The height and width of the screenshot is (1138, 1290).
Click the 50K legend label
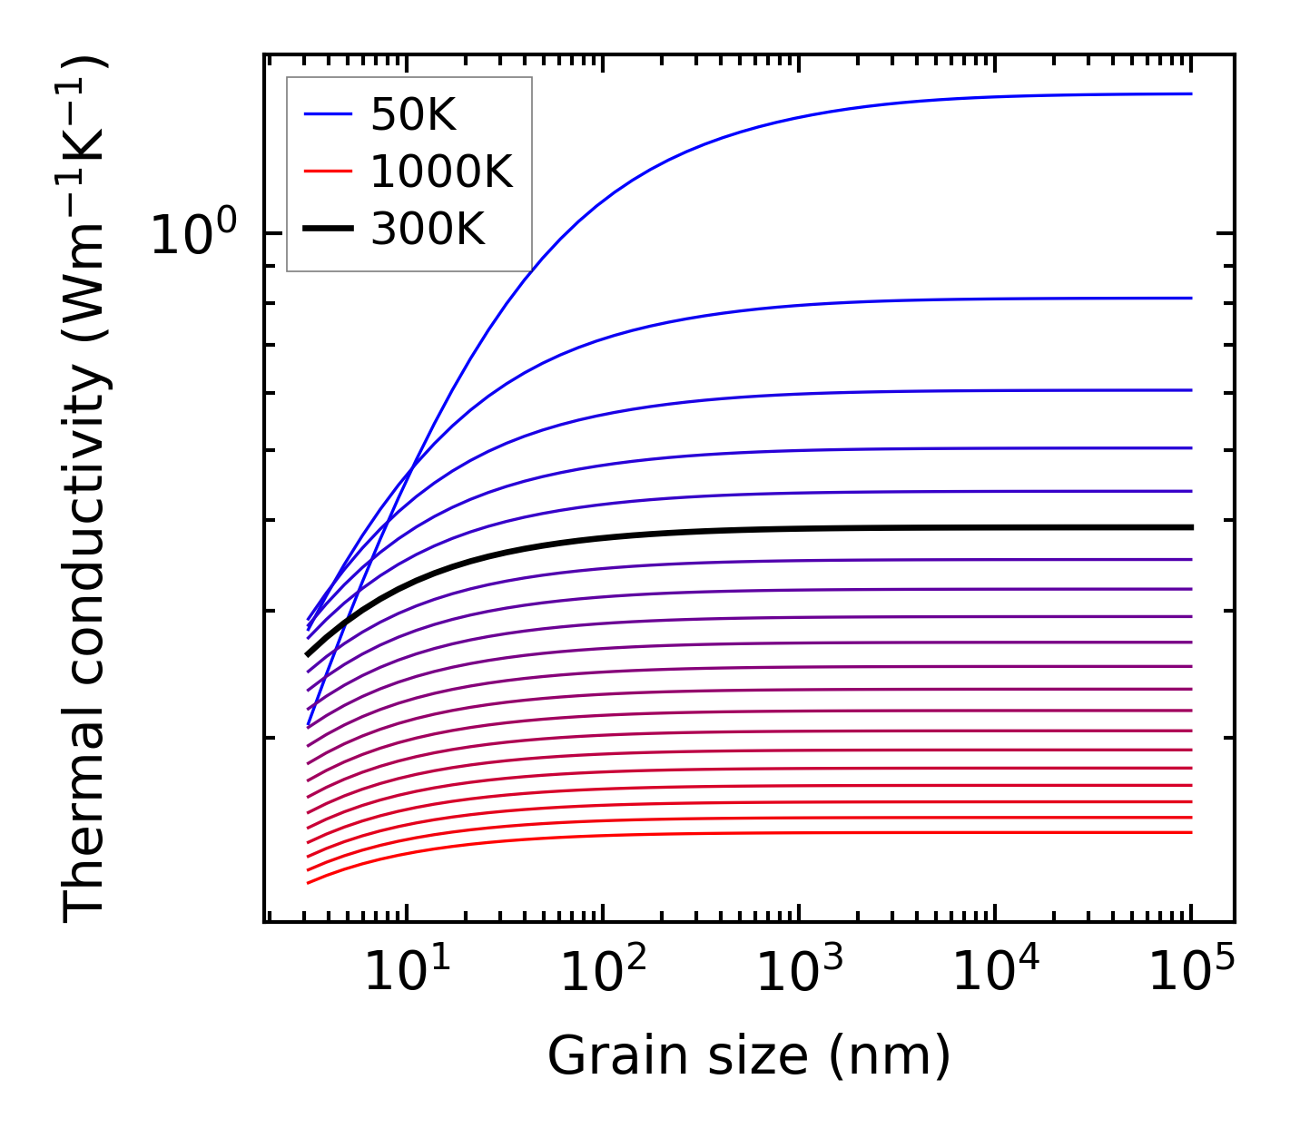point(413,114)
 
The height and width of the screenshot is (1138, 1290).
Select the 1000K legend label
point(441,172)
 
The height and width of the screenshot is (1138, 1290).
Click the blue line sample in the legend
point(327,114)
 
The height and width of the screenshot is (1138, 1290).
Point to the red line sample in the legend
point(327,172)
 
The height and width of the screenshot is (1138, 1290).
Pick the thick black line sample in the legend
point(327,230)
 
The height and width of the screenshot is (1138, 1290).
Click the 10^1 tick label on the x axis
point(406,973)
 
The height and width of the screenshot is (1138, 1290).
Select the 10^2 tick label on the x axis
point(603,973)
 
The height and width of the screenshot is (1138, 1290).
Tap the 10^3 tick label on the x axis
point(799,973)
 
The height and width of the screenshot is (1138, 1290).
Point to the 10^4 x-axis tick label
point(995,973)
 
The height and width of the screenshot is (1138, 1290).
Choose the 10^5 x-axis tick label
point(1191,973)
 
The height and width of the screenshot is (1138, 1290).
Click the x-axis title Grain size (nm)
point(749,1056)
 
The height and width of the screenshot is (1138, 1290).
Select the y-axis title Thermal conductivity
point(85,490)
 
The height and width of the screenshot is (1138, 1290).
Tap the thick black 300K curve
point(726,530)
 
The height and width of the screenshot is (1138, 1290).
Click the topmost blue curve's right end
point(1189,93)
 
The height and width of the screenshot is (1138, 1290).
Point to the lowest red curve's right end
point(1189,832)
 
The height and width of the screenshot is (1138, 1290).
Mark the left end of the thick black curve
point(309,653)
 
